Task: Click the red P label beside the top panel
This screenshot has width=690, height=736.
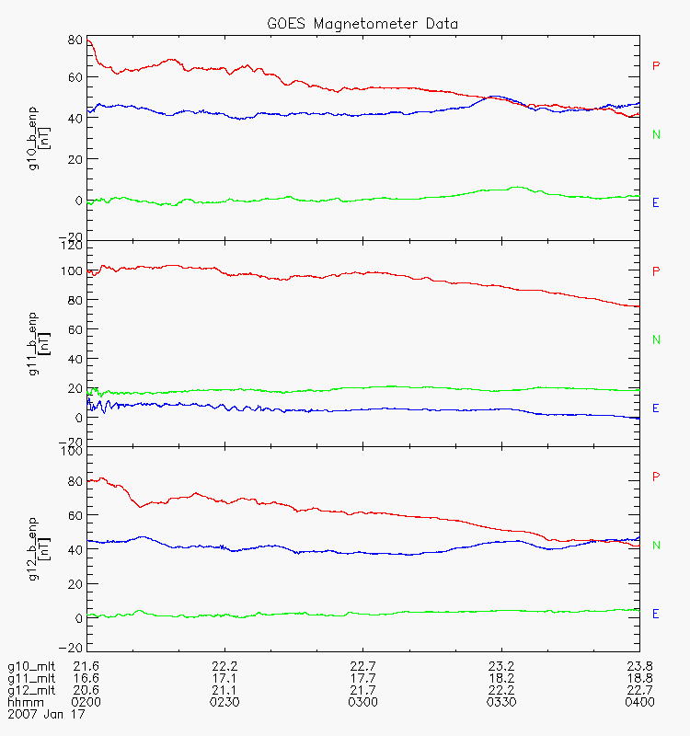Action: click(656, 66)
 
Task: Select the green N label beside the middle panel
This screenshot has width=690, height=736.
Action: click(656, 340)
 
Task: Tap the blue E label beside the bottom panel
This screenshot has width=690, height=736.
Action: click(656, 614)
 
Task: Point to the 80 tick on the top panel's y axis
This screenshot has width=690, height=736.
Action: click(74, 40)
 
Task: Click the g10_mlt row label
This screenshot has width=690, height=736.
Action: click(30, 666)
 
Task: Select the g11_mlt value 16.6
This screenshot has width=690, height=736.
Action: click(86, 678)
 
